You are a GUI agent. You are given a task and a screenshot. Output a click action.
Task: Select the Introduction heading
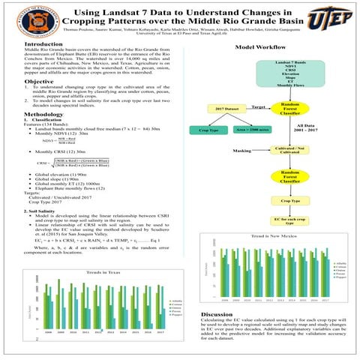[44, 45]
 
